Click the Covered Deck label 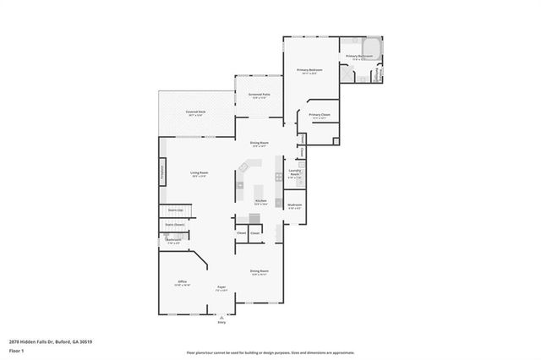coord(196,112)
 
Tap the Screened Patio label coord(259,95)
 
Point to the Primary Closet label coord(320,116)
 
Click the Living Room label coord(199,174)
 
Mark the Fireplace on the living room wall coord(162,172)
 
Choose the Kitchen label coord(261,202)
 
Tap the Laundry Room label coord(294,175)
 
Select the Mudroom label coord(294,205)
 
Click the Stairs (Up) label coord(175,209)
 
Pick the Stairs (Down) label coord(174,225)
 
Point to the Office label coord(182,283)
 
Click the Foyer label coord(221,288)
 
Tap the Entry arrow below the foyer coord(222,318)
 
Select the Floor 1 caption coord(16,348)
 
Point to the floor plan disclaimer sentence coord(270,352)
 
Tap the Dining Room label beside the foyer coord(259,272)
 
